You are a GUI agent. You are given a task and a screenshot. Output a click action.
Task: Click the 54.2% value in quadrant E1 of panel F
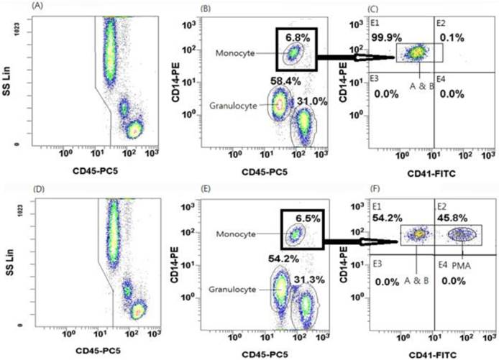[386, 216]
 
